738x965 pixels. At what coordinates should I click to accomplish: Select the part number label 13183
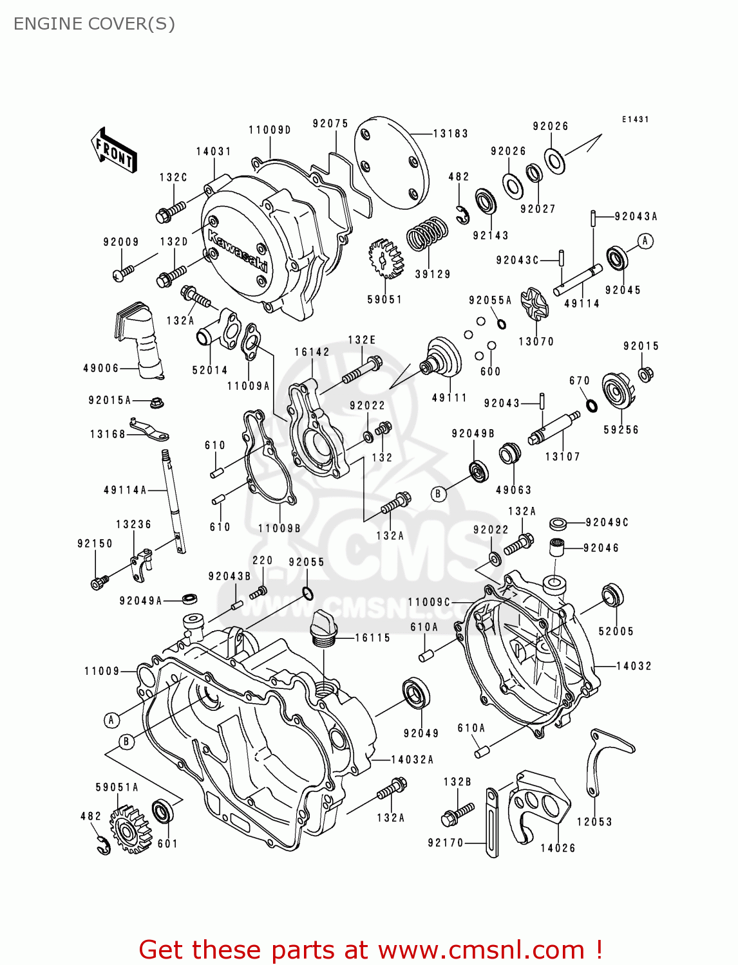(450, 133)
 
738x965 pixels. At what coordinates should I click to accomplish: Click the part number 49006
(101, 368)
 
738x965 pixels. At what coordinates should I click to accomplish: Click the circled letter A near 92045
(645, 241)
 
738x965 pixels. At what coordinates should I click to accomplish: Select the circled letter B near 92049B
(438, 494)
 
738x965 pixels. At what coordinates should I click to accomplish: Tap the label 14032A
(412, 760)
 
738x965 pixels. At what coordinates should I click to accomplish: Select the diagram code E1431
(635, 120)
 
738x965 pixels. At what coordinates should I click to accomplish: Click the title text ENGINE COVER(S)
(94, 24)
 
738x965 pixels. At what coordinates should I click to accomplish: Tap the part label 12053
(594, 822)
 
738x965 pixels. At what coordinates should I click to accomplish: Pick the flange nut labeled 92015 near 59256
(646, 373)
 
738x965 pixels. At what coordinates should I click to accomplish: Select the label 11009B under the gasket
(279, 528)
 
